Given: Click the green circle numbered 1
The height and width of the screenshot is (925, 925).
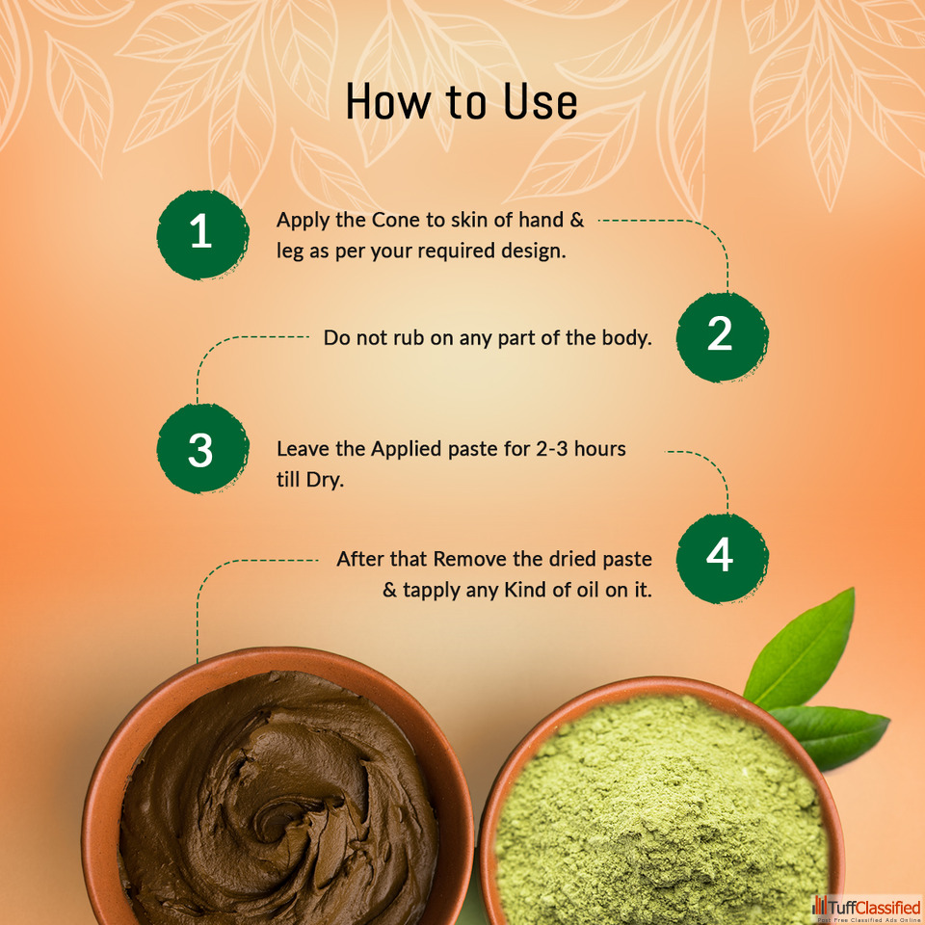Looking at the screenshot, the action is [x=202, y=234].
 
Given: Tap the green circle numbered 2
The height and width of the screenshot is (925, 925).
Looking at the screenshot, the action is [x=722, y=337].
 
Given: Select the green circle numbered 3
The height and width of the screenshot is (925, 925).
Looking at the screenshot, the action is [x=202, y=448].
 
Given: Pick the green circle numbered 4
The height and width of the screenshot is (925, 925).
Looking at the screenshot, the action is [x=722, y=558].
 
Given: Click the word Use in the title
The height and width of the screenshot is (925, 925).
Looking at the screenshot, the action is [x=541, y=101].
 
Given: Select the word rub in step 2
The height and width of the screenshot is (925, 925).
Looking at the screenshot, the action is [x=409, y=337].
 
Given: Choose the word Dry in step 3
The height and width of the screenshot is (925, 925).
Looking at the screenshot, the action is [x=325, y=480].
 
